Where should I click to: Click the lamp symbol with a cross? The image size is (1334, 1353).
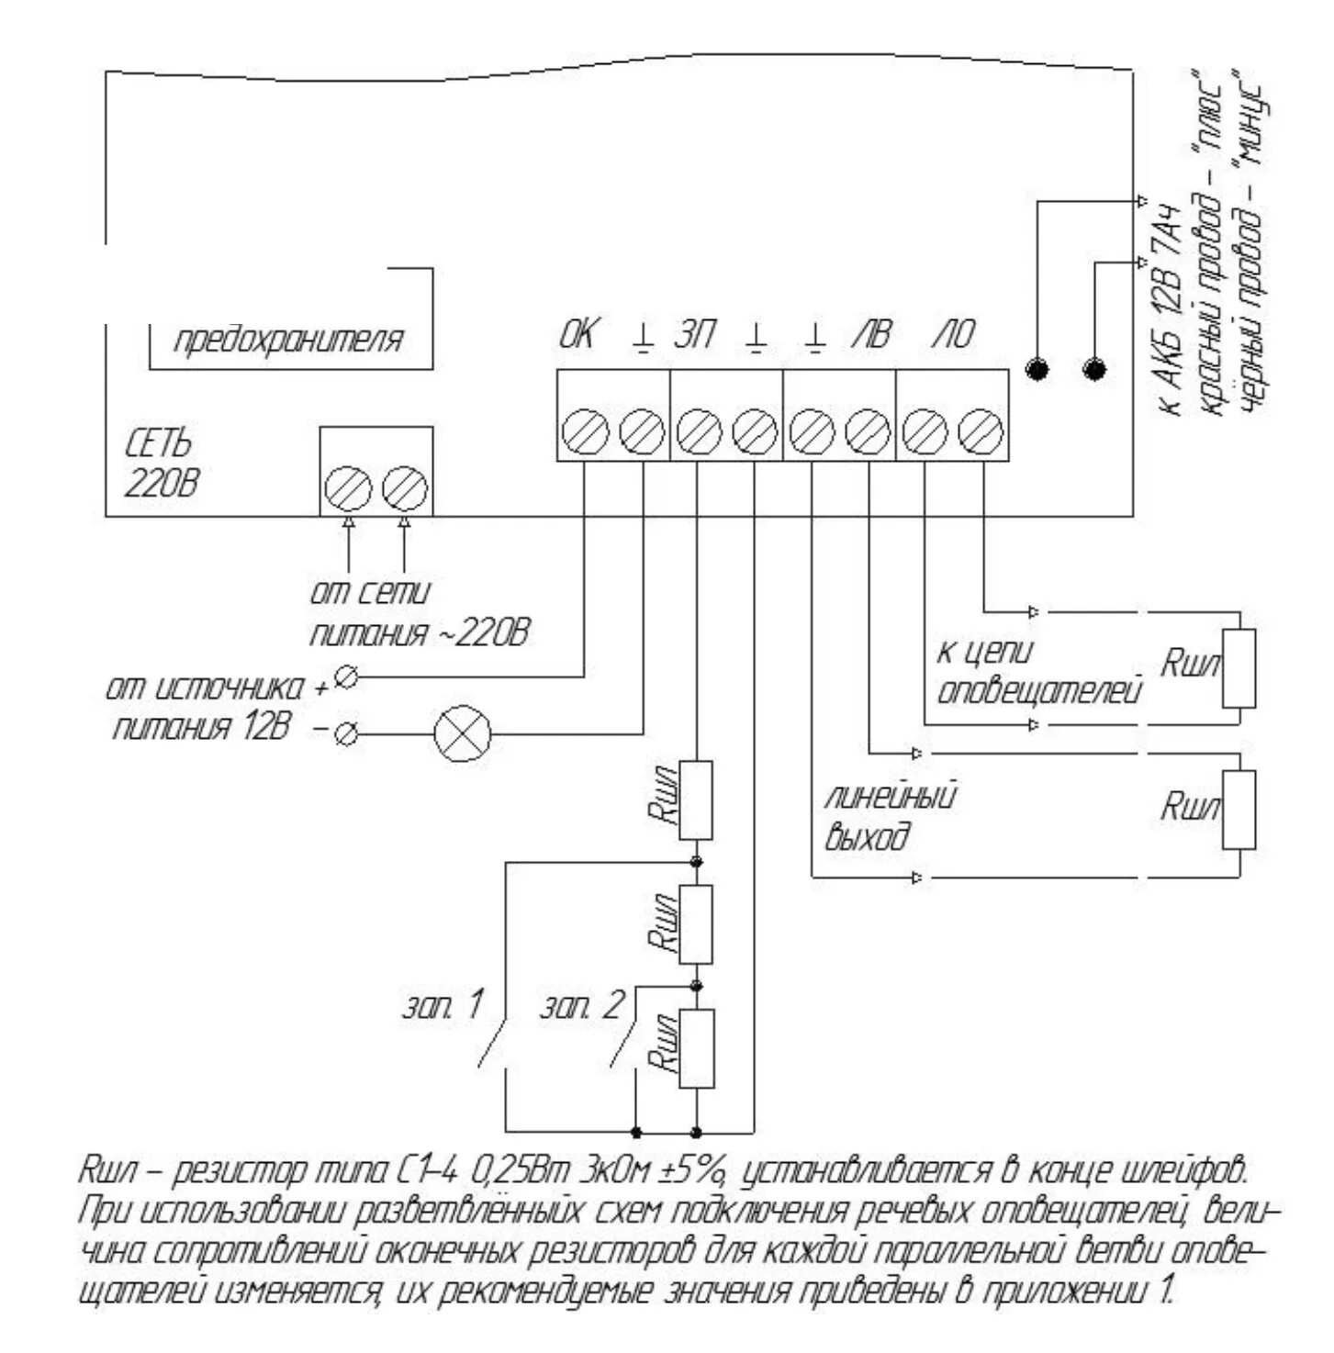pos(462,733)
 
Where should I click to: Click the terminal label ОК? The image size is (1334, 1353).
pos(577,335)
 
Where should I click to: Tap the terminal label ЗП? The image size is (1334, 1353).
pos(695,335)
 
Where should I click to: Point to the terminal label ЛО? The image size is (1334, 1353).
pos(955,335)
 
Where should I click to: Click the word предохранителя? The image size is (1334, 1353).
pos(288,340)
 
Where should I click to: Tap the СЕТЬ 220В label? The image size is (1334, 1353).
pos(160,464)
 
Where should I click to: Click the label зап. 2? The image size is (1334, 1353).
pos(581,1007)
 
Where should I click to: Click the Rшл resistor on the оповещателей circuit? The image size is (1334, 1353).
pos(1239,668)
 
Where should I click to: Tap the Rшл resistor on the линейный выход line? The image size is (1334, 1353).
pos(1239,810)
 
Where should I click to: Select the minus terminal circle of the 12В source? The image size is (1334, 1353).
pos(346,733)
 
